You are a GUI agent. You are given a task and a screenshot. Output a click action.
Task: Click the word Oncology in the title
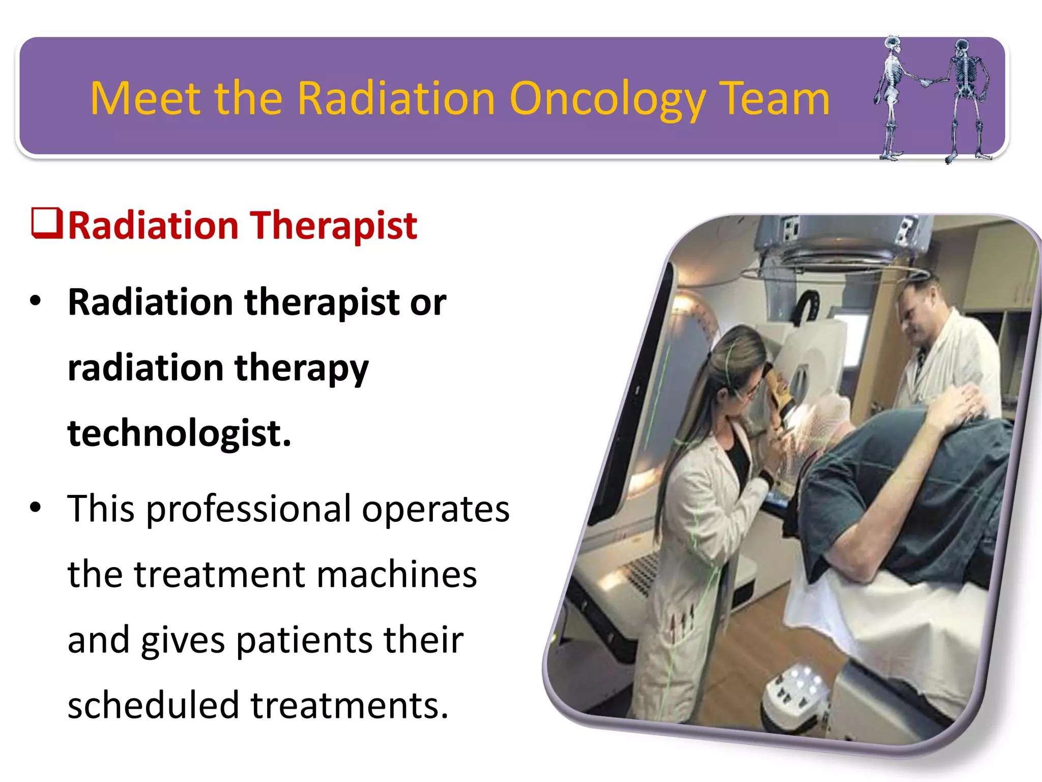(606, 99)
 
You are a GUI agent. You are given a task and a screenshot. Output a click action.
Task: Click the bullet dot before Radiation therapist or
(35, 300)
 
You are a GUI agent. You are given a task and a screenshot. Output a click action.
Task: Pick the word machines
(397, 574)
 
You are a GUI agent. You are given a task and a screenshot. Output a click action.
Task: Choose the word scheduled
(153, 705)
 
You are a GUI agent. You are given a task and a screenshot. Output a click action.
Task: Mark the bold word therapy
(301, 368)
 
